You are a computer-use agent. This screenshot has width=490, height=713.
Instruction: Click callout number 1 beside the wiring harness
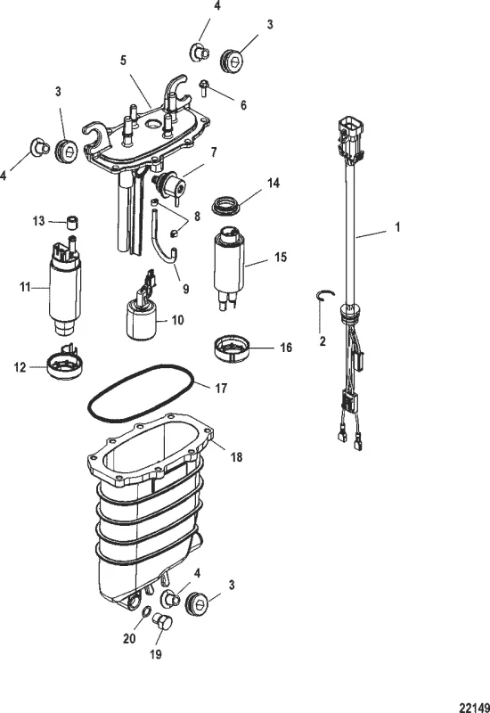click(397, 226)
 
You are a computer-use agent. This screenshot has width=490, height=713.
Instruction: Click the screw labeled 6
click(204, 88)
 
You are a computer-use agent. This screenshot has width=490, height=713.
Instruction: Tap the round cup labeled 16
click(234, 347)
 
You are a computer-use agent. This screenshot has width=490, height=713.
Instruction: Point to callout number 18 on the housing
click(236, 456)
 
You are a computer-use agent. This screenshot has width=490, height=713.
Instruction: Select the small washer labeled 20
click(143, 611)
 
